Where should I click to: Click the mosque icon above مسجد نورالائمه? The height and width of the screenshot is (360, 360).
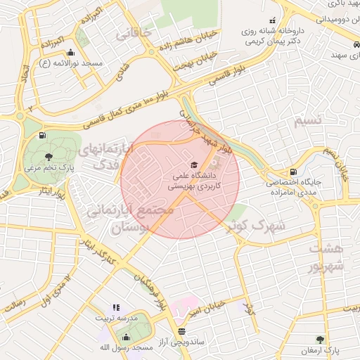70,53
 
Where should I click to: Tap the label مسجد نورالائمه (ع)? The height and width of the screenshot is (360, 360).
70,63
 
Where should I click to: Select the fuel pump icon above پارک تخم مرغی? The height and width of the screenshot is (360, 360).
44,135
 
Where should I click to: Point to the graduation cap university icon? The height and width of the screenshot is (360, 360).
194,164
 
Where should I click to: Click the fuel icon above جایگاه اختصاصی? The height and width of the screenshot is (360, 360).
292,171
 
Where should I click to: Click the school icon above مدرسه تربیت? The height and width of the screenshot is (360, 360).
116,307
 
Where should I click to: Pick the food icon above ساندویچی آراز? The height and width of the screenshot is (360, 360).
181,330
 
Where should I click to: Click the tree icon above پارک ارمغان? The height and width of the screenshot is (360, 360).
321,339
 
